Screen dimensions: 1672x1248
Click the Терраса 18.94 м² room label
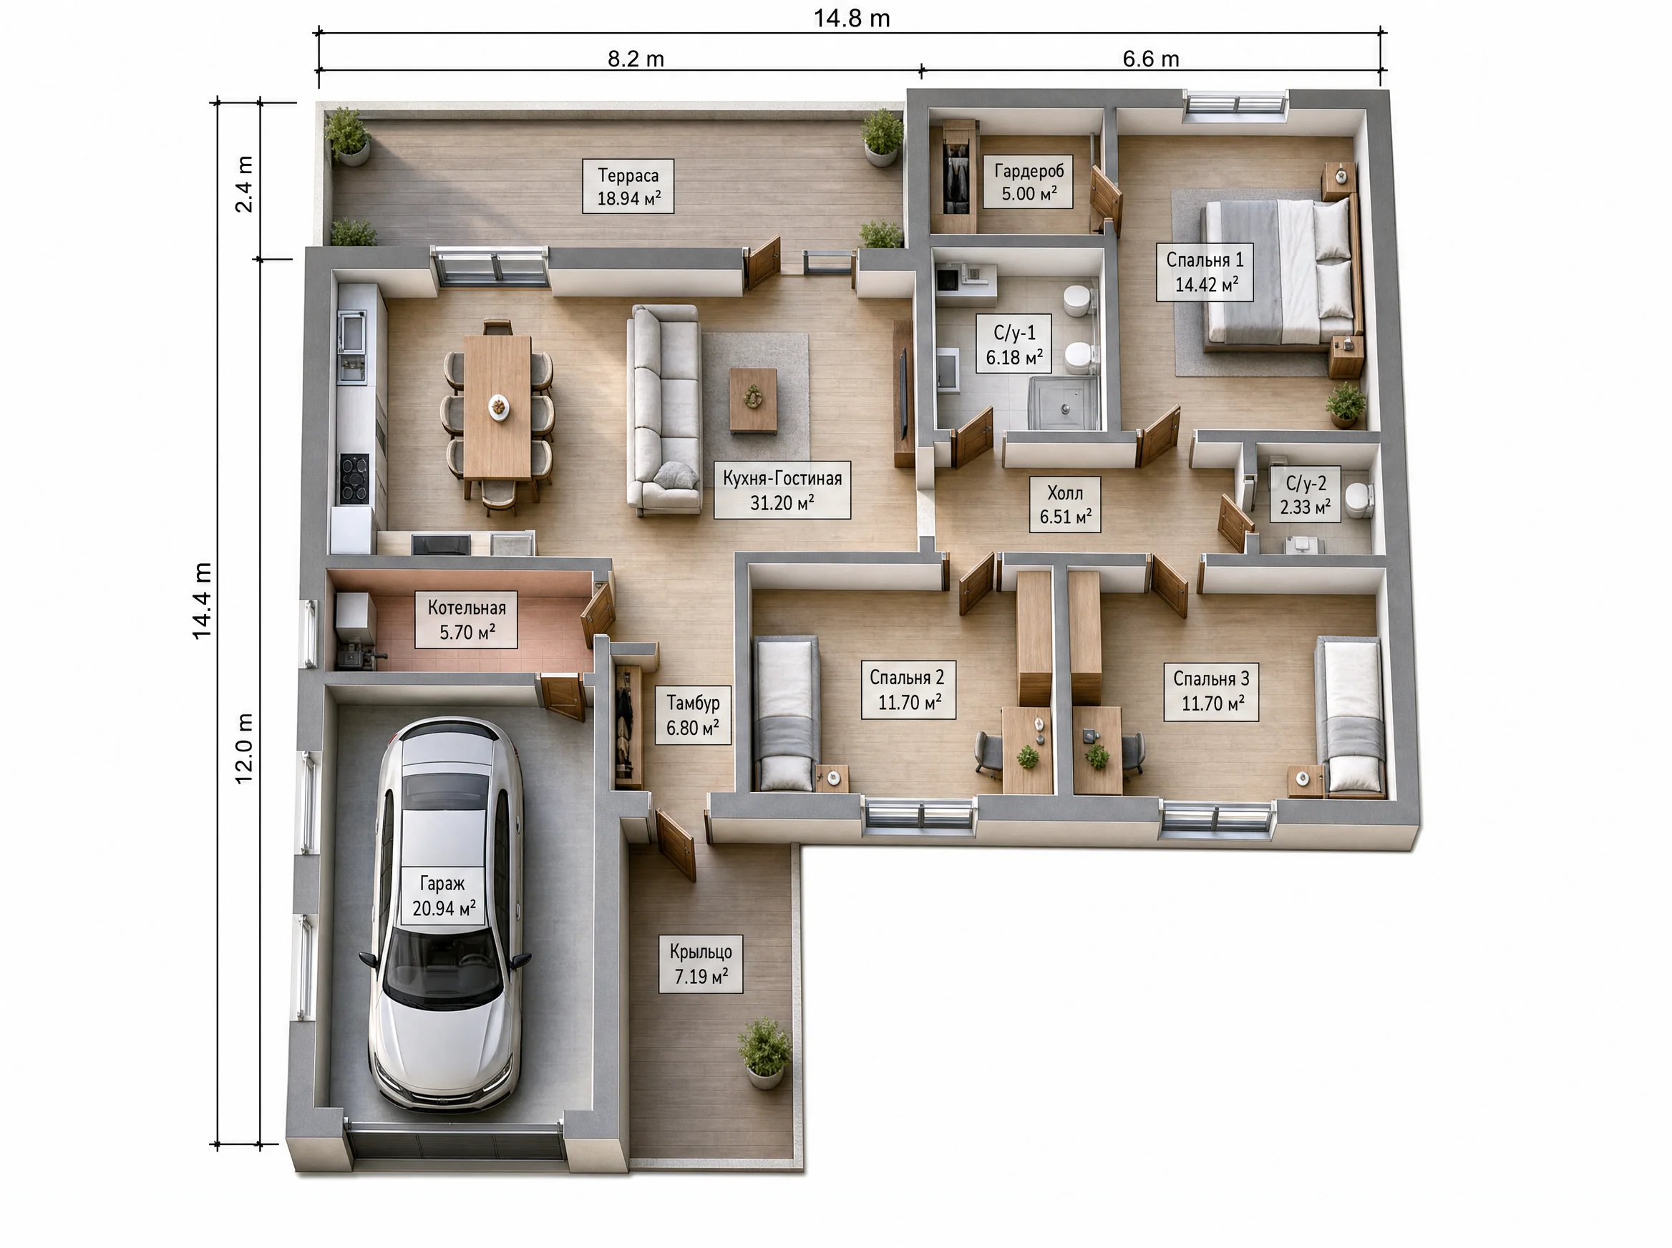pos(628,187)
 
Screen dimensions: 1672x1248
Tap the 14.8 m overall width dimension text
pos(852,18)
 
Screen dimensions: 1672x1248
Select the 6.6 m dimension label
pos(1151,58)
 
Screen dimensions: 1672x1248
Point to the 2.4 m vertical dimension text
pos(244,184)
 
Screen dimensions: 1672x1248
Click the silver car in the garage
pos(445,914)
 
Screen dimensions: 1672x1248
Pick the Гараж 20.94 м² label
pos(444,895)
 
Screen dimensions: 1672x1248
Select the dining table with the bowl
pos(497,407)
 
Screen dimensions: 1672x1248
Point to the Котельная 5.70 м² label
pos(466,620)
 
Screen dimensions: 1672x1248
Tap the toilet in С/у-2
pos(1359,500)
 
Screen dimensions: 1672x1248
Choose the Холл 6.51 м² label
pos(1064,504)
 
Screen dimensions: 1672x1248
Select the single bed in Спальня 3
pos(1351,716)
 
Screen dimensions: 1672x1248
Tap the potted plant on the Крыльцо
pos(764,1053)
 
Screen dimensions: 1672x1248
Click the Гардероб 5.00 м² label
pos(1029,182)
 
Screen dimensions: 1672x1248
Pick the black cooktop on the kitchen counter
pos(354,478)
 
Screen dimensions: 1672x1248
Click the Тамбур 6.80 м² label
pos(692,716)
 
